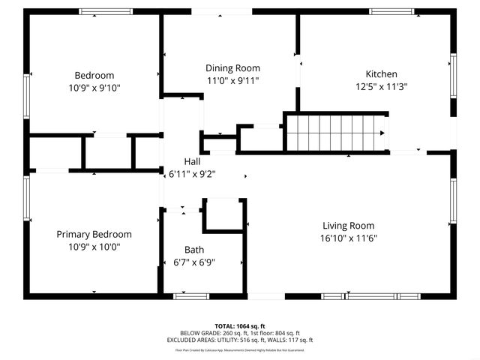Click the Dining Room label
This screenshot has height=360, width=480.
(x=232, y=68)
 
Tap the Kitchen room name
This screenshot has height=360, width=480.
(x=381, y=74)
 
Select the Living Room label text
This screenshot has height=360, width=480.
(x=348, y=226)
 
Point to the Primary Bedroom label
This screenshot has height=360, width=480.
(x=94, y=234)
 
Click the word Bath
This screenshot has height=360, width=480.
(x=194, y=250)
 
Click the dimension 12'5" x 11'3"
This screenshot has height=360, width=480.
(x=381, y=86)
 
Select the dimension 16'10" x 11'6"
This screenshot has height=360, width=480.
(x=348, y=238)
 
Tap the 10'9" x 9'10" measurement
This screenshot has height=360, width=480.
(x=94, y=88)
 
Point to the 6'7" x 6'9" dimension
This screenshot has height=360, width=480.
(x=194, y=262)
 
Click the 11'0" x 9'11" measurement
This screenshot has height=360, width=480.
(x=232, y=80)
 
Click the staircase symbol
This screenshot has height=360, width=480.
(x=336, y=133)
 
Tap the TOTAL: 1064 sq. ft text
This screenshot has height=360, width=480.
(x=240, y=326)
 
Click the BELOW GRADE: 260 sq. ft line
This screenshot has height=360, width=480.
(x=240, y=333)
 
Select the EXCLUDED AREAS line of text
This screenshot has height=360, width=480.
(x=240, y=340)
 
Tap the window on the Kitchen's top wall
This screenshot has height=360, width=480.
(x=392, y=11)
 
